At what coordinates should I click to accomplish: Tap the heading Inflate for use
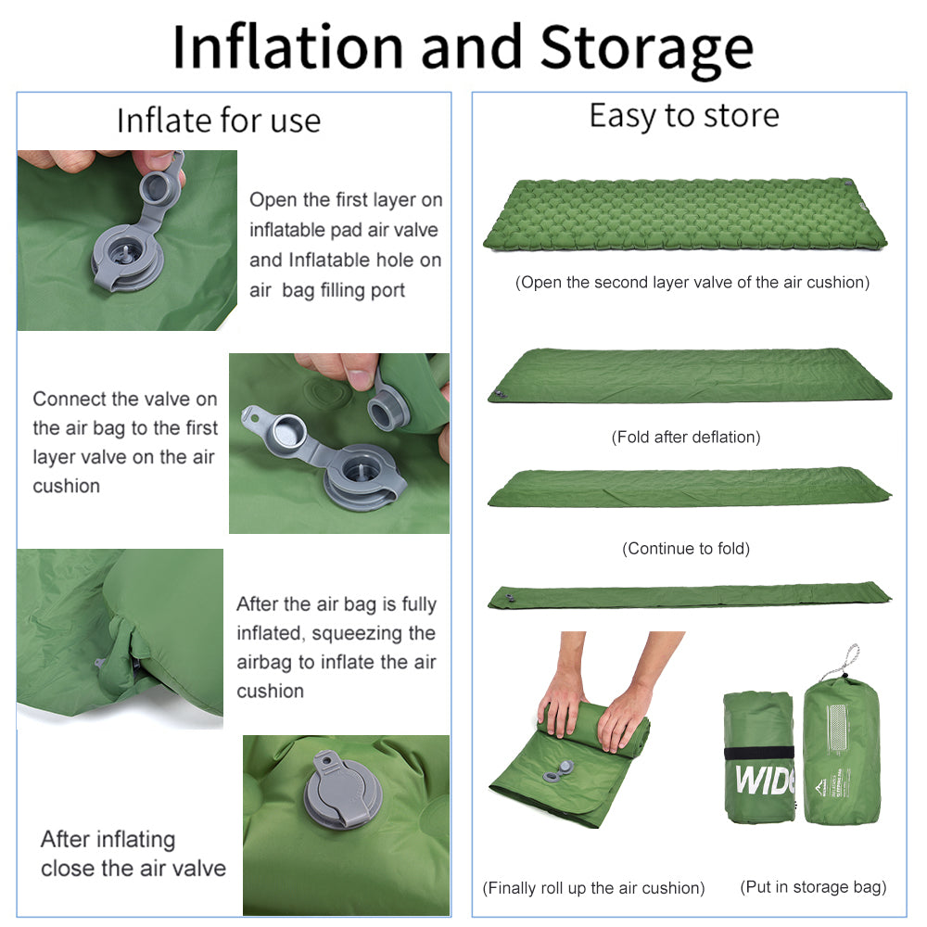(219, 121)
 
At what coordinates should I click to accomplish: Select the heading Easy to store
(684, 116)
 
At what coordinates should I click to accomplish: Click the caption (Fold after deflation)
(686, 437)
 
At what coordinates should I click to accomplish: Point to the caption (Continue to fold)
(686, 549)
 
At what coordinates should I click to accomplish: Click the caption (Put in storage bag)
(813, 887)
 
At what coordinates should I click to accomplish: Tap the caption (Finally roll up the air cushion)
(593, 888)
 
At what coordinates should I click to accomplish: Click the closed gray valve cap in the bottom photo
(339, 793)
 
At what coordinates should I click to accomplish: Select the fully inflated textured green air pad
(684, 215)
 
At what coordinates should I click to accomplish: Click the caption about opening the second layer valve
(692, 283)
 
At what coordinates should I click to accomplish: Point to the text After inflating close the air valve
(133, 854)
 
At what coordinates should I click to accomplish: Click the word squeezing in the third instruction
(373, 633)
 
